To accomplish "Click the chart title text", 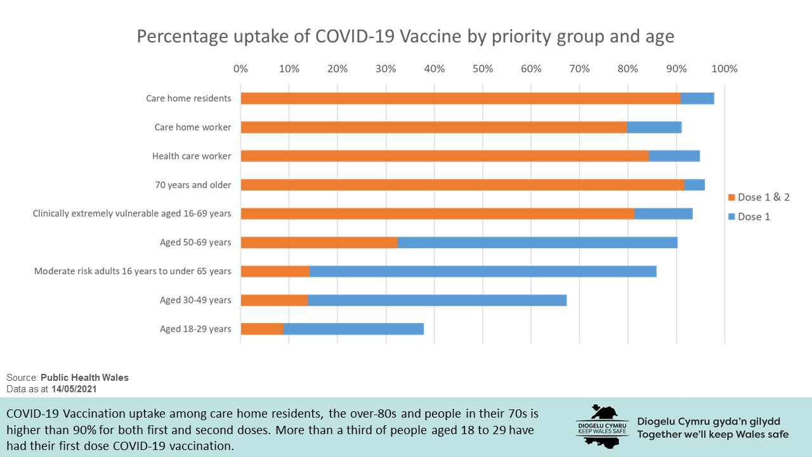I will [x=405, y=37].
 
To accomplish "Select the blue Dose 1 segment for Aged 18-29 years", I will [x=353, y=329].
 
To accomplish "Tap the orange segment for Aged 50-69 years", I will [x=319, y=242].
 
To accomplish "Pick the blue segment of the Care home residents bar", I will [x=697, y=98].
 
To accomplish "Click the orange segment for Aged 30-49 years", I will [x=274, y=300].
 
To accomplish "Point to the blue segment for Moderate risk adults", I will [x=483, y=271].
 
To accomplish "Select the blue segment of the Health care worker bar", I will [x=674, y=156].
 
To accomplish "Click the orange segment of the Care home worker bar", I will [x=434, y=127].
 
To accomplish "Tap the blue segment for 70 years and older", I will [x=695, y=185].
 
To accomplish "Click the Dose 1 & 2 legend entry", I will [x=759, y=197].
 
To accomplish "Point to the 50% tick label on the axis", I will [x=483, y=69].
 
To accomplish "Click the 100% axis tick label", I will [x=724, y=69].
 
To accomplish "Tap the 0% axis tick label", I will [x=241, y=69].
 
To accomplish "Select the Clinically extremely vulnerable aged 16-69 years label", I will [x=132, y=214].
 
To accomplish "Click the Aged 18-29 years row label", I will [x=195, y=329].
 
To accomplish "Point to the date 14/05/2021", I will [x=74, y=388].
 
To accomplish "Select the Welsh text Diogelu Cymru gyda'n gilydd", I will [x=709, y=421].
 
